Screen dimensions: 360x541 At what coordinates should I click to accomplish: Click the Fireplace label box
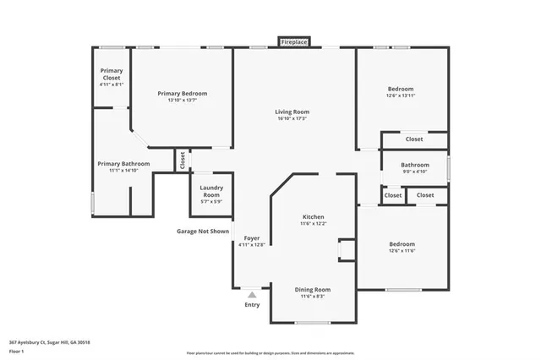pos(294,41)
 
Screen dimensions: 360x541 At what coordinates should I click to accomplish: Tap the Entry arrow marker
pos(252,295)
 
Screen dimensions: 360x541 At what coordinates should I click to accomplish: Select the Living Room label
pos(292,112)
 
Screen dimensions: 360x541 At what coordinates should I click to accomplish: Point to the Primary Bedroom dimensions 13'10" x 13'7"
pos(182,101)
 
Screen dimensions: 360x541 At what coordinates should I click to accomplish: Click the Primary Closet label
pos(112,74)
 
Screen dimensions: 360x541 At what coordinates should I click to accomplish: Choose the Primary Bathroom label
pos(123,163)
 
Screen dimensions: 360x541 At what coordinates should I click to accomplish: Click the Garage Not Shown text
pos(203,231)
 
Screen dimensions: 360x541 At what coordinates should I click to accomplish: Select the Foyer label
pos(252,238)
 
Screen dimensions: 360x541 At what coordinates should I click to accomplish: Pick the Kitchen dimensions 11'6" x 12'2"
pos(314,224)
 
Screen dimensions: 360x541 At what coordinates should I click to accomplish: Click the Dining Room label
pos(314,289)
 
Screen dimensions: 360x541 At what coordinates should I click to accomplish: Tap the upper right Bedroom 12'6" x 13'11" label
pos(401,92)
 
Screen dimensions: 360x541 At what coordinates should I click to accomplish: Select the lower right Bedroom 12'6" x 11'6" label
pos(401,247)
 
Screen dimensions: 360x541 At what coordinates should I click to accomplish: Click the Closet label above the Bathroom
pos(414,139)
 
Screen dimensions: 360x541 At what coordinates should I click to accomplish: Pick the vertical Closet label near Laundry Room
pos(182,160)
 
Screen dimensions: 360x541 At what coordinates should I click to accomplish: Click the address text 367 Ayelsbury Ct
pos(50,341)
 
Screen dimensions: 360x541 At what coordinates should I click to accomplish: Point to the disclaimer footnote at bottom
pos(270,352)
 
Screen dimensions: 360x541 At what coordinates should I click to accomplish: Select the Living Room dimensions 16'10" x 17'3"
pos(292,118)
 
